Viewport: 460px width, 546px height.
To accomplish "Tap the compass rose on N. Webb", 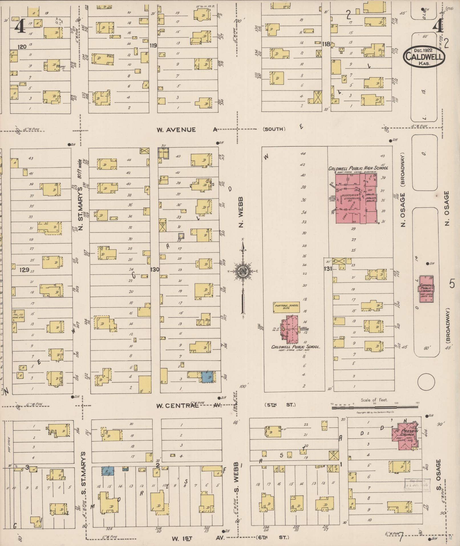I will click(x=243, y=271).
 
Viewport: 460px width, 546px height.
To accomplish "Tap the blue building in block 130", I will click(x=208, y=377).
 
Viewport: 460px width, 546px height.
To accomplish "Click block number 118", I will click(x=326, y=44).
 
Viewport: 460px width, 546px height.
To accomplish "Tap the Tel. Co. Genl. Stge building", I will click(x=18, y=315).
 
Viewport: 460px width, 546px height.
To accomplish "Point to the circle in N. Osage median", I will click(x=426, y=382).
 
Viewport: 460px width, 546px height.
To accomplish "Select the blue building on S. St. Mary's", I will click(x=108, y=471).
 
